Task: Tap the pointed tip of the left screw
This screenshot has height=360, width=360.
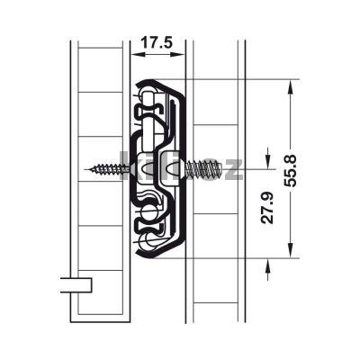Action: tap(93, 167)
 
